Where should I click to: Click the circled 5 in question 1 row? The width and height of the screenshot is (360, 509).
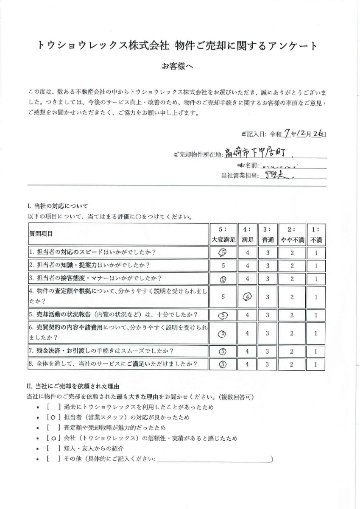[223, 252]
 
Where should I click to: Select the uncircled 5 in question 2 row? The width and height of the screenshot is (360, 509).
[223, 266]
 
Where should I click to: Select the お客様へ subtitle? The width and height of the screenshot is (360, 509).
[179, 67]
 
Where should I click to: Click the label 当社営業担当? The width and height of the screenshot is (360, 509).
[240, 175]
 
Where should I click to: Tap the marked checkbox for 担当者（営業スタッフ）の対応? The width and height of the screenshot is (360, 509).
[52, 417]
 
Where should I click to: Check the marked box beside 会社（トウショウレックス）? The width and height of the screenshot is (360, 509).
[52, 438]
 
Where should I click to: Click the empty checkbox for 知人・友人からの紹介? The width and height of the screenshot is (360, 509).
[52, 448]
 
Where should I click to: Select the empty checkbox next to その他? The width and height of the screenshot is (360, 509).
[52, 459]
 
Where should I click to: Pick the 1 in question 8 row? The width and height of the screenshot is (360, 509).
[316, 364]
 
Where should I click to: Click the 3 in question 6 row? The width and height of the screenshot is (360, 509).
[268, 334]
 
